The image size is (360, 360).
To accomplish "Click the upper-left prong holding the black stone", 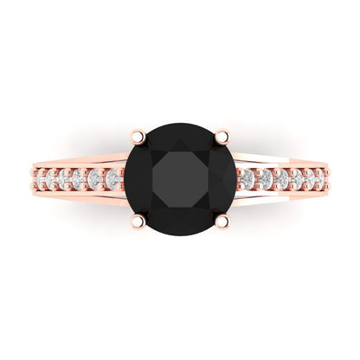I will [x=137, y=135].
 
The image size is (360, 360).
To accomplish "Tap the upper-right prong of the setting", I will [x=223, y=135].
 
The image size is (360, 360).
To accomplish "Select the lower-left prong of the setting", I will [x=137, y=222].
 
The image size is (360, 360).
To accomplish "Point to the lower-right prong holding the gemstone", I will [x=223, y=222].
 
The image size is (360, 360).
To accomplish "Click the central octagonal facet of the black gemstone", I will [x=180, y=178].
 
